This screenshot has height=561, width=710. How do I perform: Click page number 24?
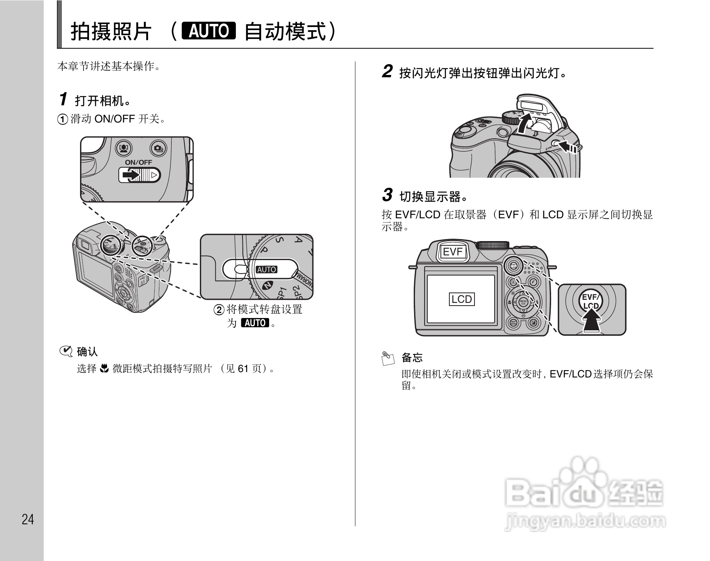tap(28, 519)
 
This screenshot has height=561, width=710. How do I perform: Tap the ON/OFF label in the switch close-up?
tap(138, 163)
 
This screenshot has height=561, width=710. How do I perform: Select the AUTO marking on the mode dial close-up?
tap(267, 269)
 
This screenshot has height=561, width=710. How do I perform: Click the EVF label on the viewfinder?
tap(452, 252)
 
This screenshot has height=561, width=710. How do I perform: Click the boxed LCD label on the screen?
tap(462, 299)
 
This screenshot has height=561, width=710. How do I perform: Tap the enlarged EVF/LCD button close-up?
tap(591, 301)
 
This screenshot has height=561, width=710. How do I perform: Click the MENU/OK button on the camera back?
tap(523, 302)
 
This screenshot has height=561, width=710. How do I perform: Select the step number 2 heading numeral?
tap(387, 71)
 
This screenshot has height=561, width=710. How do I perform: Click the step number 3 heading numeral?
tap(387, 195)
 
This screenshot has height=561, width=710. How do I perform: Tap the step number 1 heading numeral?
tap(64, 99)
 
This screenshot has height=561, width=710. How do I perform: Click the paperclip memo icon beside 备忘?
tap(388, 358)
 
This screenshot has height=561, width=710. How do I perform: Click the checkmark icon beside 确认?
tap(66, 351)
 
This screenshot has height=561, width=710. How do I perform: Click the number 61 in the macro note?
tap(242, 369)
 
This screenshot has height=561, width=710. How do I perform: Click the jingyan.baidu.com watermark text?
tap(585, 522)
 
